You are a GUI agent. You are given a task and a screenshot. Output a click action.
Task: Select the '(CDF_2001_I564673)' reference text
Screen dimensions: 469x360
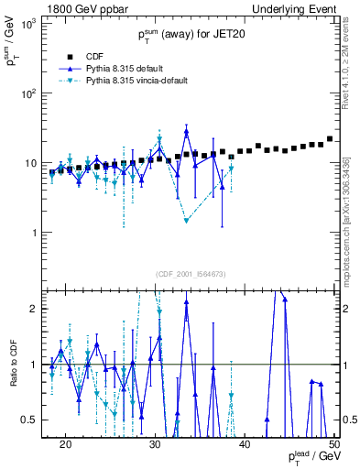click(x=191, y=273)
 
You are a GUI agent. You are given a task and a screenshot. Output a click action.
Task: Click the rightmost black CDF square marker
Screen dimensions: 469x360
click(x=330, y=139)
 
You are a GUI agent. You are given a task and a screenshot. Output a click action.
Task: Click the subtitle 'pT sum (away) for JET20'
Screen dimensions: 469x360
click(x=191, y=37)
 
